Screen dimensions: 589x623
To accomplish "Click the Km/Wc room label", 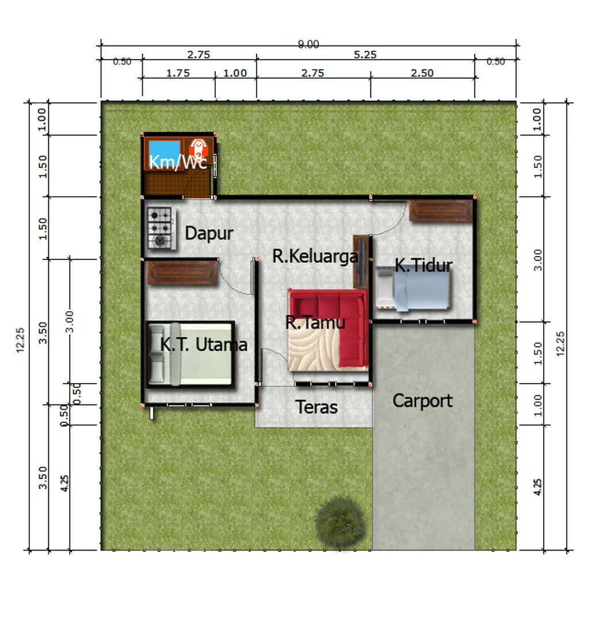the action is pos(178,162).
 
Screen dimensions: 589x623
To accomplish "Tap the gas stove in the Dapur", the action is pos(161,228).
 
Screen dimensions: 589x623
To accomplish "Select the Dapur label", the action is pos(209,234).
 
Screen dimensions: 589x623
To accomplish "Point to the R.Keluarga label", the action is pos(315,256).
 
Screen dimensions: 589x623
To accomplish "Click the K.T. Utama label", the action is pos(204,345).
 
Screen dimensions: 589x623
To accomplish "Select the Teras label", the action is pos(316,407).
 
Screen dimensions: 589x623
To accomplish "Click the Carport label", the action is pos(423,401).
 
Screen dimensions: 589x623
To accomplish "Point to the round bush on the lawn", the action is pos(339,521).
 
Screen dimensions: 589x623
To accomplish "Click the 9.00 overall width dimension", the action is pos(309,44).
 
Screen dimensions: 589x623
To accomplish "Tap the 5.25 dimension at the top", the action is pos(365,55).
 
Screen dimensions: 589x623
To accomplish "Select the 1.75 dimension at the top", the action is pos(178,73).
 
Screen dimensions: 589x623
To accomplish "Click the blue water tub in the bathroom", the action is pos(164,150).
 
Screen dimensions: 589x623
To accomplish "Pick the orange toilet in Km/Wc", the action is pos(198,149).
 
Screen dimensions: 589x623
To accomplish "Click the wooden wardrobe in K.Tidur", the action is pos(441,210).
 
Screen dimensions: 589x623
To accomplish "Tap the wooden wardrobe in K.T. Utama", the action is pos(182,273).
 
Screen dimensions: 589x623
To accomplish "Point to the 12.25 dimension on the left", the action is pos(20,340).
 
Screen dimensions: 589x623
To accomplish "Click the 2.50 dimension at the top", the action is pos(422,73).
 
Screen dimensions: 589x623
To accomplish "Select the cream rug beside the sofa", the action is pos(313,350).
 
